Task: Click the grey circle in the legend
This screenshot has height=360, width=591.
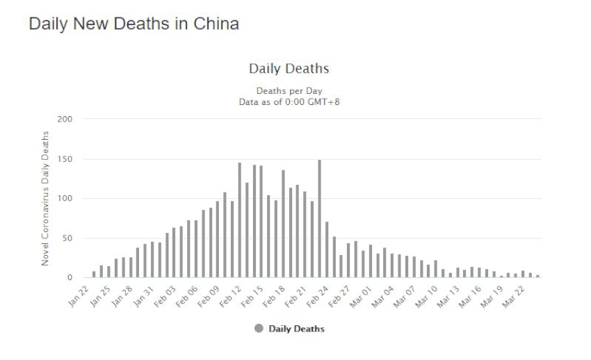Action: click(259, 329)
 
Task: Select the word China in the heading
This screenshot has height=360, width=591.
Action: click(217, 24)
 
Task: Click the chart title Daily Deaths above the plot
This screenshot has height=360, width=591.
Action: click(289, 69)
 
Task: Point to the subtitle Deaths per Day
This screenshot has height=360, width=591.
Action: click(289, 90)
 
